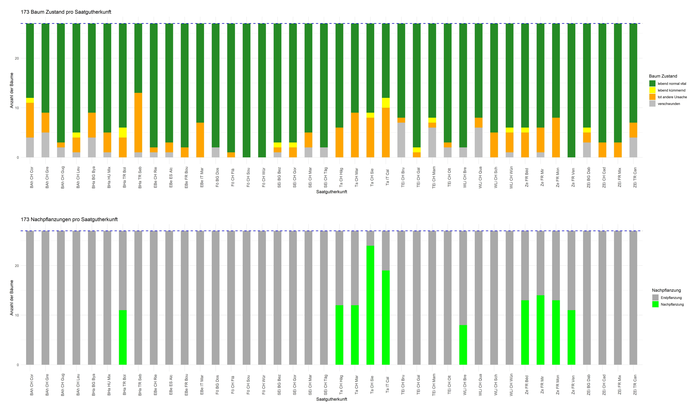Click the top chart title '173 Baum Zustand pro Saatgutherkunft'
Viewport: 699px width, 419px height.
(66, 12)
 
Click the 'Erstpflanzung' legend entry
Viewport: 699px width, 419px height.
(671, 298)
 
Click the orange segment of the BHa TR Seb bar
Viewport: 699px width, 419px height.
(138, 123)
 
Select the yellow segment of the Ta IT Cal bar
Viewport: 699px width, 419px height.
(386, 103)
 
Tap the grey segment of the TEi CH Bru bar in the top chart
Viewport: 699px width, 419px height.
(401, 140)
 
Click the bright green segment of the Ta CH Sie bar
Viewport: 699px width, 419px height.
(370, 305)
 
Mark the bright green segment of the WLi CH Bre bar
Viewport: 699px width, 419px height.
(463, 345)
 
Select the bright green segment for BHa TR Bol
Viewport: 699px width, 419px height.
(123, 337)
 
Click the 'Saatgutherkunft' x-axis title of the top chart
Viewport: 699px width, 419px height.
(331, 192)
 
